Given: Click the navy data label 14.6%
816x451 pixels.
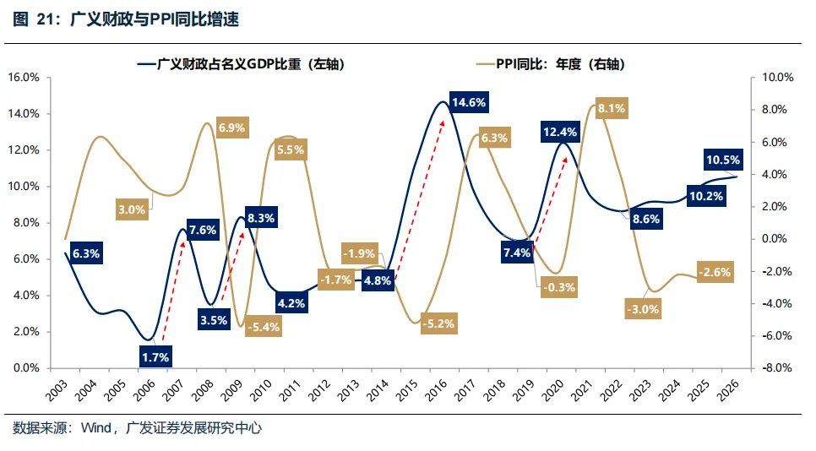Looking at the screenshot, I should tap(469, 103).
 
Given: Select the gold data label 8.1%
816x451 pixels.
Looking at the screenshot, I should tap(611, 108).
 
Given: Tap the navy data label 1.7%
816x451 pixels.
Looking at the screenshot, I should tap(156, 357).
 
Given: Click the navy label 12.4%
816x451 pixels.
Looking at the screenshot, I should tap(560, 133).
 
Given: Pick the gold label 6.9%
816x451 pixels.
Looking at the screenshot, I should tap(231, 128).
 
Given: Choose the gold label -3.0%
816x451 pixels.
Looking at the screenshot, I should tap(642, 309).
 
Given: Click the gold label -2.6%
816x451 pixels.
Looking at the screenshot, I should tap(715, 272).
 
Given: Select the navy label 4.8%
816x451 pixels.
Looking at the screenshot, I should tap(378, 281).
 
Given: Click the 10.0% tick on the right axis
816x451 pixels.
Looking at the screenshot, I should tap(778, 78).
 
